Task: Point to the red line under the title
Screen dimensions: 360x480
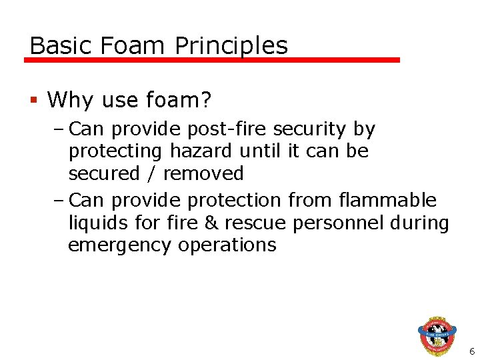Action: click(212, 60)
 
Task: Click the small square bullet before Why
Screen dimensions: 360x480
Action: click(34, 101)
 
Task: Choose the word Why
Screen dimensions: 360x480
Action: click(69, 100)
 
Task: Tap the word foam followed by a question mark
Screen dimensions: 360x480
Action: click(178, 100)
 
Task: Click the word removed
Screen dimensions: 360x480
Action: click(203, 174)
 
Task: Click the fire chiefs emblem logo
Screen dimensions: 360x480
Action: click(437, 335)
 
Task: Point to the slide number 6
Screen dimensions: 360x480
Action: click(471, 351)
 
